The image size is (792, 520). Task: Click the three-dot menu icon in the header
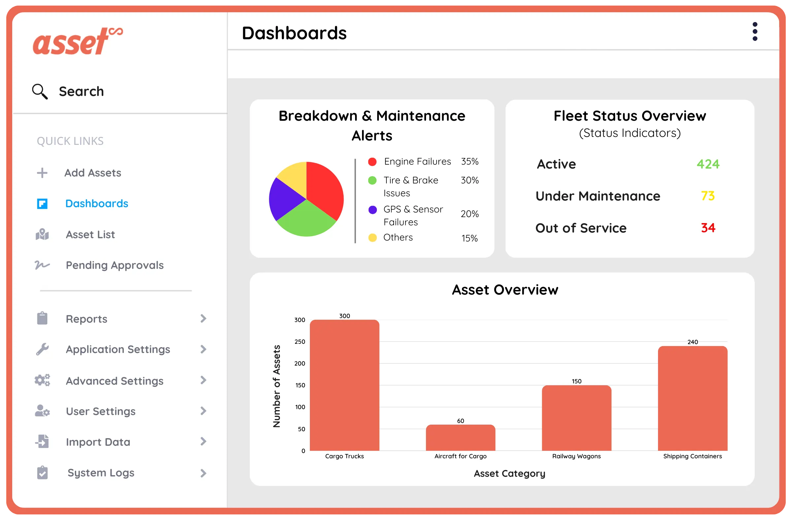(x=755, y=32)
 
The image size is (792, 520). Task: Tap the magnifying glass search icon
(x=40, y=91)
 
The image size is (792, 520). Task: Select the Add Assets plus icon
(x=42, y=173)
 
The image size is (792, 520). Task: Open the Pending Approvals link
(x=115, y=265)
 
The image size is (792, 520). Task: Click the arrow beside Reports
(x=203, y=318)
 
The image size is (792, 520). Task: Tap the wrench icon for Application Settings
(x=42, y=349)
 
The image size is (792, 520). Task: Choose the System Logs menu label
(x=101, y=473)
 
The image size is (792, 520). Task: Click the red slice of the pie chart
(x=324, y=190)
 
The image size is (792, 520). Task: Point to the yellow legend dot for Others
(x=372, y=238)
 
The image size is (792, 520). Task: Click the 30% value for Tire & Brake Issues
(x=470, y=180)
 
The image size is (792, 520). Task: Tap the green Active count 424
(x=708, y=164)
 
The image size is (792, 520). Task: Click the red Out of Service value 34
(x=708, y=228)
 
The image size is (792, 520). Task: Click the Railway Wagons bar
(x=577, y=418)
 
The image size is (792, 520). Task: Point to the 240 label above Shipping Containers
(x=692, y=342)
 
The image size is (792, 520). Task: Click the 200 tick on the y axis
(x=300, y=364)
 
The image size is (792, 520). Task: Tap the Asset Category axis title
(x=509, y=473)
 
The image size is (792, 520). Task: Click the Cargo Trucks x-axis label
(x=345, y=456)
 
